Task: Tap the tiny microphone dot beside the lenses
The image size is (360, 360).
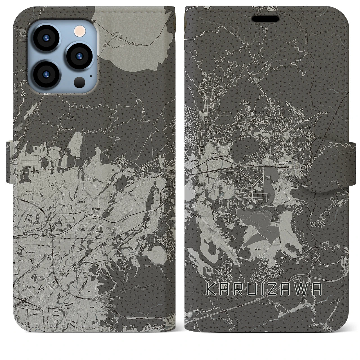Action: [x=91, y=76]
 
